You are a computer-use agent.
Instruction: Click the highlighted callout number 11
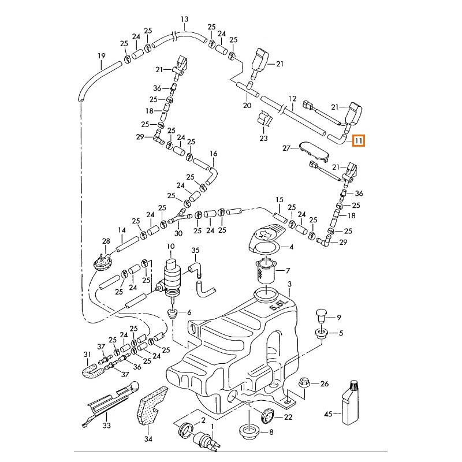[x=359, y=140]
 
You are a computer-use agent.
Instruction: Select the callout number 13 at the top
[x=184, y=19]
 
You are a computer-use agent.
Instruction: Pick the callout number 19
[x=101, y=56]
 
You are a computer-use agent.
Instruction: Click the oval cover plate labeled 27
[x=312, y=150]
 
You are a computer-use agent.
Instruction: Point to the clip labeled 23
[x=265, y=121]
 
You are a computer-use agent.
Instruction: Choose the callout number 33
[x=106, y=426]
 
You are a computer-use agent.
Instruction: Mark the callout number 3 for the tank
[x=290, y=284]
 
